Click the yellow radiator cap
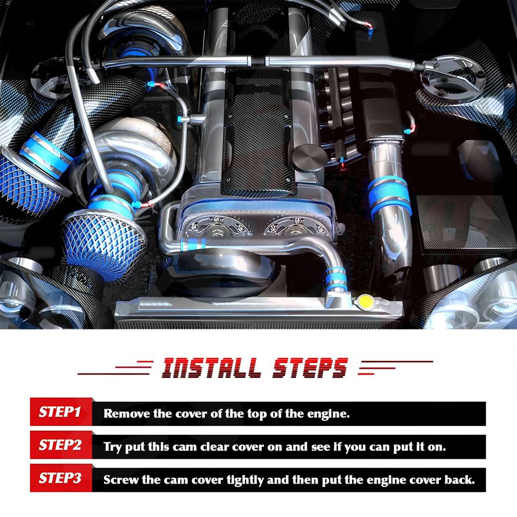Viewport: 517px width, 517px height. coord(365,301)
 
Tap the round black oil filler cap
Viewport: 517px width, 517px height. coord(309,158)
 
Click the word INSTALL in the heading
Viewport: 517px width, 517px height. coord(211,368)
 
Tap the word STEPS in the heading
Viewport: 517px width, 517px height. coord(310,368)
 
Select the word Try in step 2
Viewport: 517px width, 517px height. coord(113,448)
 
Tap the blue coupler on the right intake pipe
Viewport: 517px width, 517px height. coord(389,197)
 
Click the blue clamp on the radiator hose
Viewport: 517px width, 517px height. coord(336,280)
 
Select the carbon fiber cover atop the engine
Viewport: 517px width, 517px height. coord(257,132)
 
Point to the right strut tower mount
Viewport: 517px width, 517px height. coord(453,79)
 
